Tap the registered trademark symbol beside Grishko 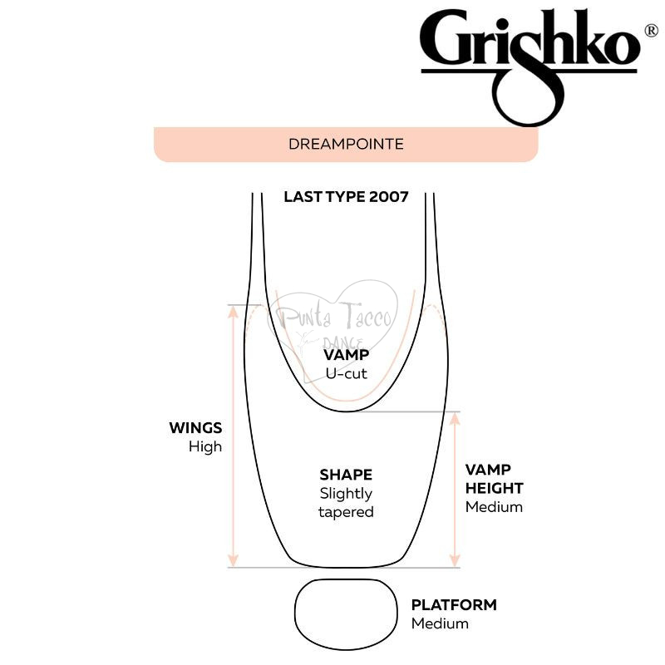[x=651, y=31]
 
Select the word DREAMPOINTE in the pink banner [x=346, y=144]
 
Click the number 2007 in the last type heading [x=389, y=197]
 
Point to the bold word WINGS [x=195, y=427]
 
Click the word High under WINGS [x=205, y=446]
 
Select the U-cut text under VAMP [x=346, y=373]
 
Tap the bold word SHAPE [x=346, y=475]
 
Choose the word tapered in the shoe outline [x=346, y=512]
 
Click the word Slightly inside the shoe [x=346, y=494]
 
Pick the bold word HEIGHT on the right [x=494, y=488]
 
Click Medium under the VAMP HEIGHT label [x=494, y=507]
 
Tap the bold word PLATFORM [x=454, y=605]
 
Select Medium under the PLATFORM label [x=441, y=623]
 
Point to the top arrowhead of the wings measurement [x=234, y=312]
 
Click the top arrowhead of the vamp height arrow [x=455, y=419]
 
